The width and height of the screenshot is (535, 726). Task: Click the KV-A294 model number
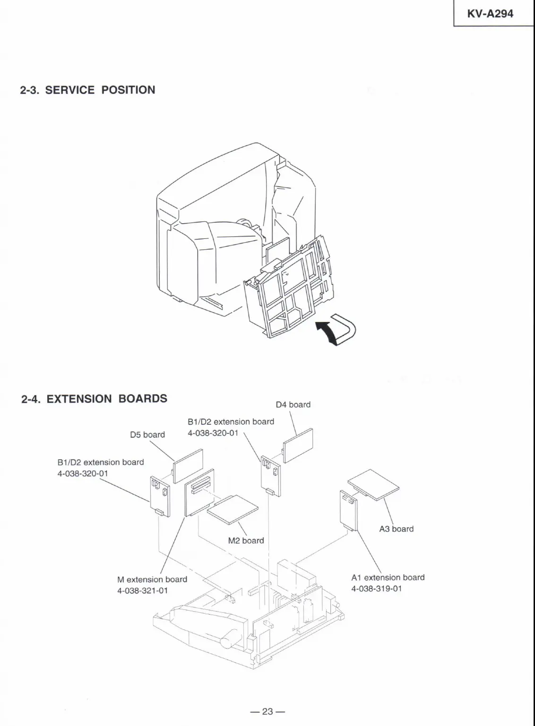pos(490,14)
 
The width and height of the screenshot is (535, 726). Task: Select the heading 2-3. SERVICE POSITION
pos(87,90)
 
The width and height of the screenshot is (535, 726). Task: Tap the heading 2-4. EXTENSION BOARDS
pos(94,399)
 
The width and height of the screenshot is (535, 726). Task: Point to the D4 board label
pos(293,405)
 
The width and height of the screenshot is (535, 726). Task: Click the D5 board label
pos(147,435)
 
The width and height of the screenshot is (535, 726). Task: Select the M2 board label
pos(246,540)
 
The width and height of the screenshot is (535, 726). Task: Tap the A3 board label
pos(396,529)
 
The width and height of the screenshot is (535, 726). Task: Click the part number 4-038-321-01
pos(142,591)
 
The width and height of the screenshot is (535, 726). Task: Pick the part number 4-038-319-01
pos(377,589)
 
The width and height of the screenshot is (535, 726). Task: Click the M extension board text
pos(152,579)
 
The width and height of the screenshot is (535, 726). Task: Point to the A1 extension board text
pos(388,577)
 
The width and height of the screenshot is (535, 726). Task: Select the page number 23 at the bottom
pos(267,711)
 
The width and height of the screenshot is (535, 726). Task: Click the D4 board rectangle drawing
pos(298,445)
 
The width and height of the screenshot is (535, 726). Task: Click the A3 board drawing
pos(373,484)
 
